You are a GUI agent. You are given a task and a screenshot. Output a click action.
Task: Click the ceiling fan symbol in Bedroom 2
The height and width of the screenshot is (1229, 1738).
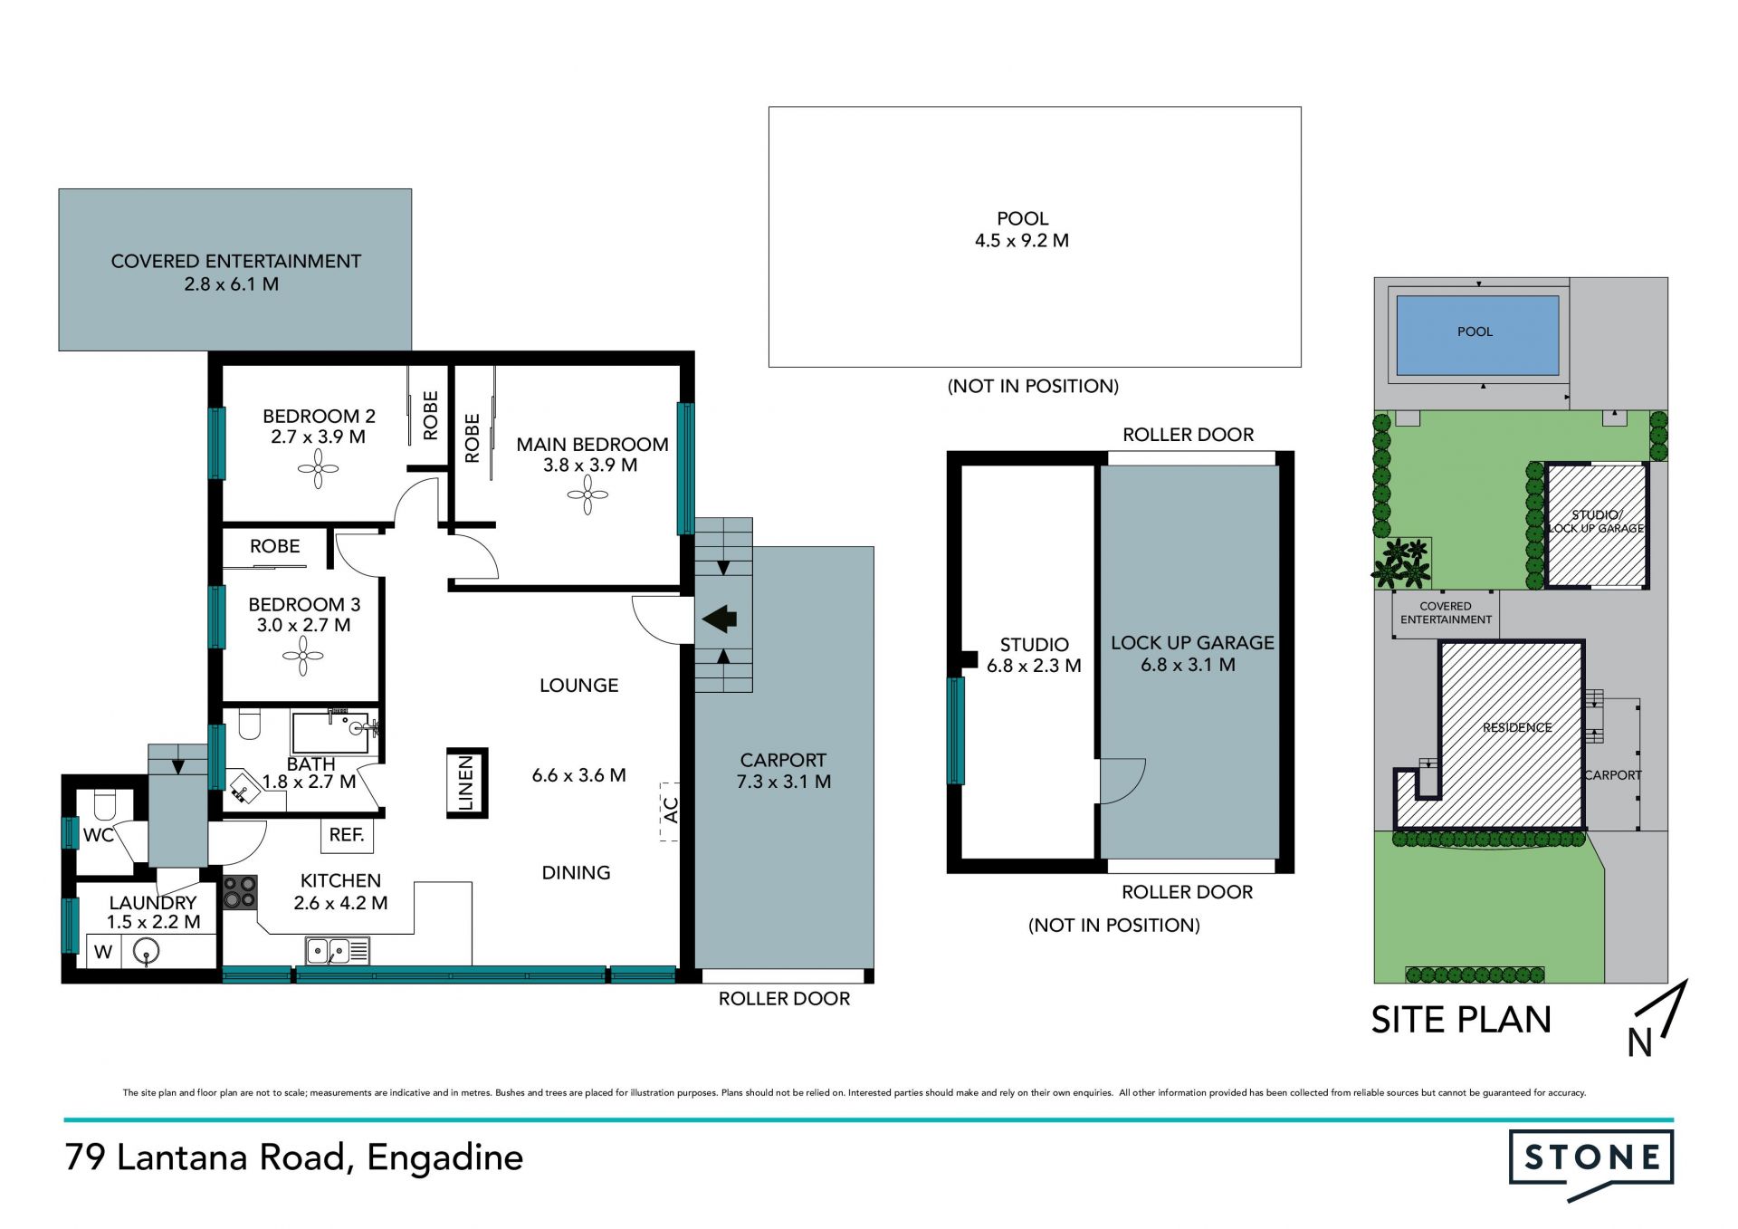click(x=318, y=469)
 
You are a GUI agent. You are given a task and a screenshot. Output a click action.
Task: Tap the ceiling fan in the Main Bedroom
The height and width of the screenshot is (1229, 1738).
click(x=587, y=495)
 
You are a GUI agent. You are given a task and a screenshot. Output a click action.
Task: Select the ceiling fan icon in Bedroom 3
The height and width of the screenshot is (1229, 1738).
click(x=303, y=656)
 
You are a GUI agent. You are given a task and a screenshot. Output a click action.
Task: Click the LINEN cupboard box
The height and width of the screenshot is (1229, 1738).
click(x=467, y=783)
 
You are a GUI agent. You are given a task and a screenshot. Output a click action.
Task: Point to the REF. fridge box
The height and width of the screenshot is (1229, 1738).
click(x=347, y=835)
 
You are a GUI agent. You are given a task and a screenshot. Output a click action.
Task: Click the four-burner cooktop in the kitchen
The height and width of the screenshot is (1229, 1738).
click(x=240, y=892)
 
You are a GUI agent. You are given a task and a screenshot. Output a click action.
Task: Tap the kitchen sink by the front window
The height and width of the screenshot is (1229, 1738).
click(x=338, y=951)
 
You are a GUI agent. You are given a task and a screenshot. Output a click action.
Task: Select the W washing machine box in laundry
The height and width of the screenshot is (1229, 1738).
click(x=103, y=951)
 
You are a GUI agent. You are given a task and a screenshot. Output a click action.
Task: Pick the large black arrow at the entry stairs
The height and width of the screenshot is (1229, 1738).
click(x=720, y=619)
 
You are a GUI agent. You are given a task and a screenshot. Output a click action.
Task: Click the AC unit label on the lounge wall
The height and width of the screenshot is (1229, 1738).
click(x=670, y=811)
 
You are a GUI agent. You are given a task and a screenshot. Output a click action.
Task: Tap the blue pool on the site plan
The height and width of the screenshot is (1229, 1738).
click(x=1477, y=335)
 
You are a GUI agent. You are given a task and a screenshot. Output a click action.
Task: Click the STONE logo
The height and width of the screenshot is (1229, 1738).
click(x=1590, y=1164)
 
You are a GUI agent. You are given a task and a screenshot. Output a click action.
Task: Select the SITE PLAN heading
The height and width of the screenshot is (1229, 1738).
click(x=1461, y=1020)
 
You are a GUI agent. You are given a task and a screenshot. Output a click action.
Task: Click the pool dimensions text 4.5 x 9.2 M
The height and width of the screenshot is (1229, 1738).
click(x=1022, y=241)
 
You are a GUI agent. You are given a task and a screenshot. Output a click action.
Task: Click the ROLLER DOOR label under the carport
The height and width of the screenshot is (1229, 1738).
click(x=784, y=999)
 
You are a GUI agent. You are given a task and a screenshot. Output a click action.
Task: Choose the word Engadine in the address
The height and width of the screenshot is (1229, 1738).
click(x=445, y=1158)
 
